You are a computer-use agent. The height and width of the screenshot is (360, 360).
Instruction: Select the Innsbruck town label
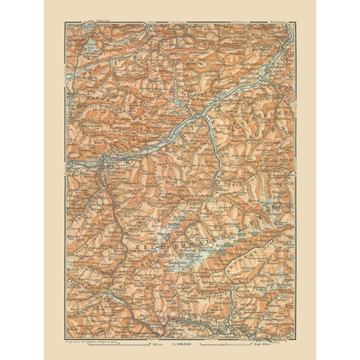click(105, 158)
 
